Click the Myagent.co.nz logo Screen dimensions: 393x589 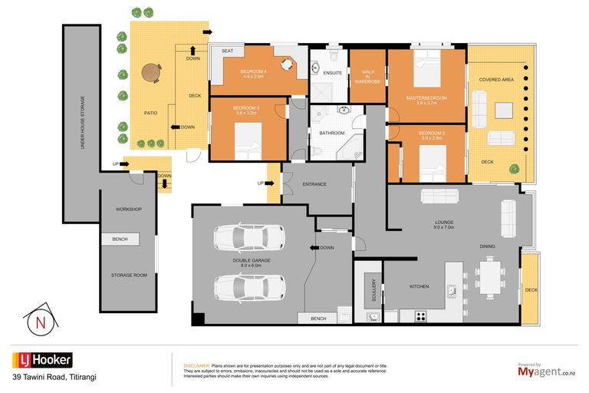point(547,371)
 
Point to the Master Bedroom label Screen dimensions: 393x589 point(427,98)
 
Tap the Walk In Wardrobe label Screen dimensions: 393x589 point(367,74)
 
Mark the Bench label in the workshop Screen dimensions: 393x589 point(120,239)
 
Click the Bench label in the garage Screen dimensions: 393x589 point(318,319)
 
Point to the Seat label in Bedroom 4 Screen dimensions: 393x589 point(227,51)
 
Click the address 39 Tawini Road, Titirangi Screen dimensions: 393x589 point(54,378)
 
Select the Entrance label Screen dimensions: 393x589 point(314,184)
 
